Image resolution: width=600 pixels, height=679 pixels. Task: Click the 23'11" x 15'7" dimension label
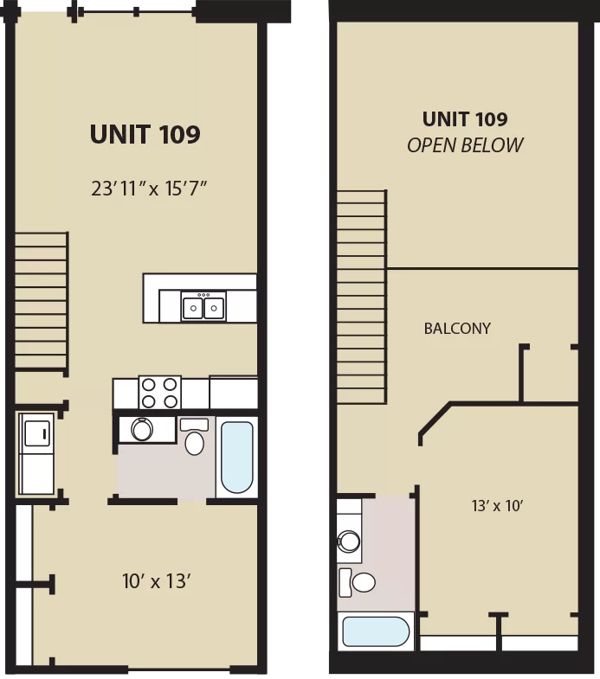pos(149,189)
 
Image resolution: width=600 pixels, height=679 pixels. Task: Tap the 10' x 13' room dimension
pos(157,581)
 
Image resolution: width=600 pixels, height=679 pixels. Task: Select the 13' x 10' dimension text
pos(497,505)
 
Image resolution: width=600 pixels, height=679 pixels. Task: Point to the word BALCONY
pos(457,328)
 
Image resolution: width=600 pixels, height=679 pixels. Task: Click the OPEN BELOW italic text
pos(465,145)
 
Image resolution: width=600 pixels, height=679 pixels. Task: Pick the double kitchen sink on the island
pos(203,306)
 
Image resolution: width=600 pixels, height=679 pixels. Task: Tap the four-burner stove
pos(159,393)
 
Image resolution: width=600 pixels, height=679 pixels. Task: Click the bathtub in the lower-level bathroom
pos(236,457)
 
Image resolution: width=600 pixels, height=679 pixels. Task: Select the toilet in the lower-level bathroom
pos(194,436)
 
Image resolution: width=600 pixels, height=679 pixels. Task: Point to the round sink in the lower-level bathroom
pos(142,430)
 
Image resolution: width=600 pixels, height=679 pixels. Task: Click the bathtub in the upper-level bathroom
pos(376,631)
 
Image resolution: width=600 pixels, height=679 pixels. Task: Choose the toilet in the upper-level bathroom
pos(358,582)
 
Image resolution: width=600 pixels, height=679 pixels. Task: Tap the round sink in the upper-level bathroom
pos(349,541)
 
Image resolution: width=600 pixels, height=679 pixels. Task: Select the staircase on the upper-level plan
pos(362,297)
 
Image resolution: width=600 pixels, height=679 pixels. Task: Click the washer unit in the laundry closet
pos(36,433)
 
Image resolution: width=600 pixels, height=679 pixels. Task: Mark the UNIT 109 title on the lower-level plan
pos(145,134)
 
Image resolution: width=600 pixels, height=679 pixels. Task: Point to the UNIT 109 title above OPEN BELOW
pos(465,119)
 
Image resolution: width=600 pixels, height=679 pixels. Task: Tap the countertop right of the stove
pos(233,393)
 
